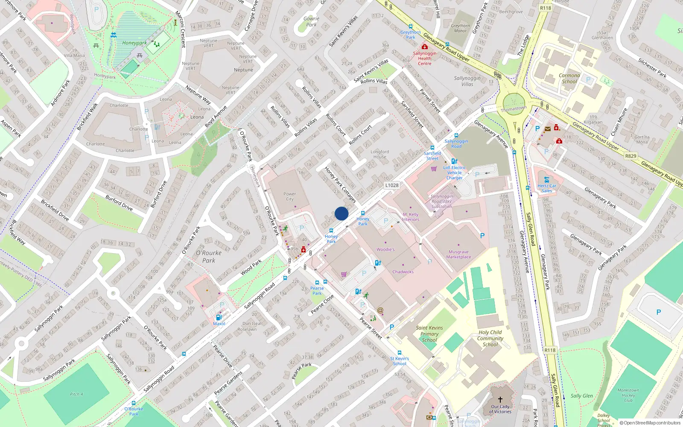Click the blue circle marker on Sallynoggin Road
pyautogui.click(x=341, y=213)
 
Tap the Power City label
pyautogui.click(x=289, y=196)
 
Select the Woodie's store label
pyautogui.click(x=385, y=249)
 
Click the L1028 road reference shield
pyautogui.click(x=391, y=185)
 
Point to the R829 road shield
pyautogui.click(x=630, y=156)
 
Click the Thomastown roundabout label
pyautogui.click(x=514, y=109)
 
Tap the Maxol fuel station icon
pyautogui.click(x=219, y=317)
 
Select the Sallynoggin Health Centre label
pyautogui.click(x=424, y=58)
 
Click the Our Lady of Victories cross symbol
pyautogui.click(x=500, y=400)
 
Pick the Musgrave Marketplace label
pyautogui.click(x=458, y=254)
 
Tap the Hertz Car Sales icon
pyautogui.click(x=546, y=180)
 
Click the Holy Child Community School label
pyautogui.click(x=490, y=338)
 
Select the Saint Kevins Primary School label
pyautogui.click(x=429, y=334)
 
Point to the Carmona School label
pyautogui.click(x=569, y=78)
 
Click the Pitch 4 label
pyautogui.click(x=76, y=394)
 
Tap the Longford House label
pyautogui.click(x=379, y=154)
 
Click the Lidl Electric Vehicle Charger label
pyautogui.click(x=454, y=173)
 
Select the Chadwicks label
pyautogui.click(x=403, y=272)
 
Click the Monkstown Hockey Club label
pyautogui.click(x=628, y=395)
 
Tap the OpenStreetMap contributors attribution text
pyautogui.click(x=650, y=423)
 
